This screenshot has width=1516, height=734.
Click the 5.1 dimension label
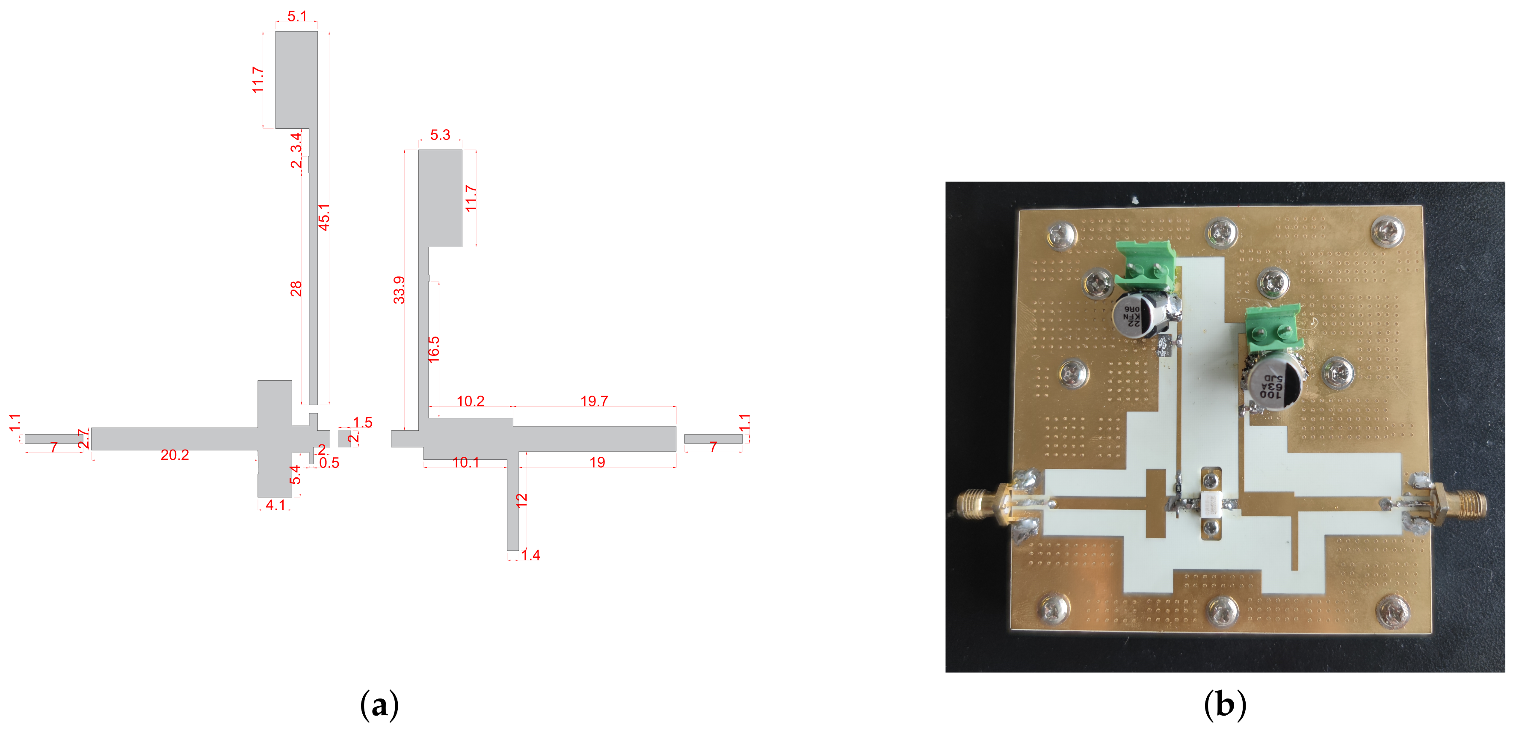coord(296,16)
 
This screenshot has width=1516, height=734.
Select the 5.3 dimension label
coord(440,135)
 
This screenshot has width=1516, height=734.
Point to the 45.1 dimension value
coord(324,217)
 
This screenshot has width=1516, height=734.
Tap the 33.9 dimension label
coord(399,290)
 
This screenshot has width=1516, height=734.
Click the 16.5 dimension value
coord(434,349)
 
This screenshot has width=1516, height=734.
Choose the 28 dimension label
coord(296,288)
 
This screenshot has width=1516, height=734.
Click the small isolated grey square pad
coord(344,438)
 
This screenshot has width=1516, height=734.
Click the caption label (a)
coord(379,704)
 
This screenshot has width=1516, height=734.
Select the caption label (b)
coord(1225,704)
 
